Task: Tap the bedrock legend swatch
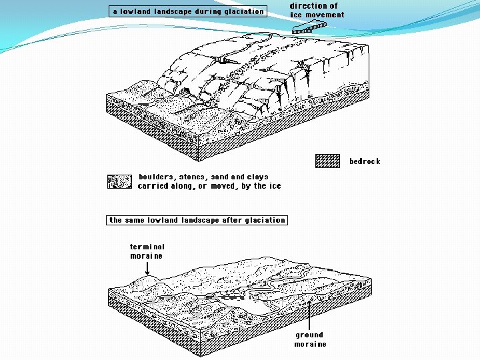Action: click(327, 161)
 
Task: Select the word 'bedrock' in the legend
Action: click(365, 161)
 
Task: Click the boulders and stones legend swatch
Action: click(119, 181)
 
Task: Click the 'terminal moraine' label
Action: click(147, 251)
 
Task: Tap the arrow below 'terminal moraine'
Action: click(146, 268)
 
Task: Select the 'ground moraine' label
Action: click(310, 339)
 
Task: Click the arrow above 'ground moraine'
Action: click(310, 313)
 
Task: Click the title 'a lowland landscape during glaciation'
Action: click(188, 11)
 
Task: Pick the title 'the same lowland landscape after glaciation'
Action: click(197, 220)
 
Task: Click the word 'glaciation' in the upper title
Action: click(243, 11)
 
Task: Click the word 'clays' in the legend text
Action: click(257, 177)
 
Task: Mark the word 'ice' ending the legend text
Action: click(275, 186)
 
